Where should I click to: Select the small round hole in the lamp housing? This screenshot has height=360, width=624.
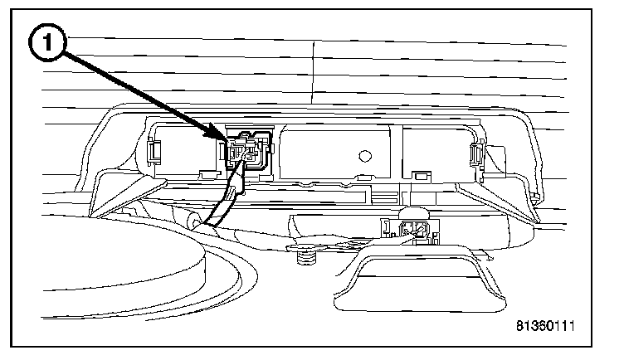pyautogui.click(x=363, y=154)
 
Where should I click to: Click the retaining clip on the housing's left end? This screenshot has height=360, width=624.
pyautogui.click(x=154, y=149)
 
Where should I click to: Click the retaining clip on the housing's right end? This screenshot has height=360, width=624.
pyautogui.click(x=477, y=153)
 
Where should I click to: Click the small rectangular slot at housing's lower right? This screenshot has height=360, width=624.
pyautogui.click(x=420, y=175)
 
